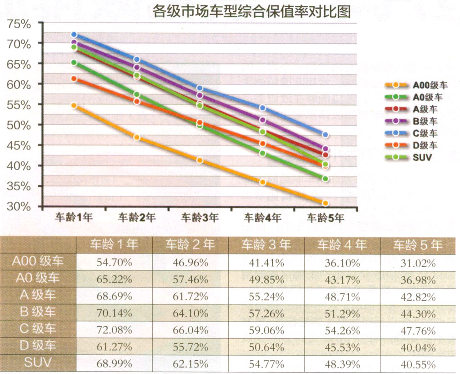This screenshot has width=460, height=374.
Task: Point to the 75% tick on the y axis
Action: [x=19, y=24]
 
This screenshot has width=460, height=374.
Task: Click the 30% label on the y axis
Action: [x=19, y=207]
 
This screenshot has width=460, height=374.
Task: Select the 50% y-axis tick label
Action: [x=19, y=126]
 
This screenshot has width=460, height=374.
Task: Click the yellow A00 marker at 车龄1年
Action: [x=74, y=106]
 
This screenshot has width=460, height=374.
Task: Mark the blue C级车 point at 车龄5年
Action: [x=325, y=135]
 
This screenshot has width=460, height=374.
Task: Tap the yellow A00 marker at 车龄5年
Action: [x=325, y=203]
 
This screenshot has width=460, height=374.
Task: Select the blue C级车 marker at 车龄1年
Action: [x=74, y=35]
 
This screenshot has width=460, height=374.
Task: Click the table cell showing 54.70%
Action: [x=113, y=263]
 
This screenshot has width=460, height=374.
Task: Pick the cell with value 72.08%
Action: [x=113, y=329]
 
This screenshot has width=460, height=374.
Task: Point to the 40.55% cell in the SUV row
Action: [x=417, y=364]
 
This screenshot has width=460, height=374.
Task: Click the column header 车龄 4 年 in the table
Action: [x=341, y=244]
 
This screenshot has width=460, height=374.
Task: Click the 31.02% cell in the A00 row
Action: [x=417, y=263]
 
